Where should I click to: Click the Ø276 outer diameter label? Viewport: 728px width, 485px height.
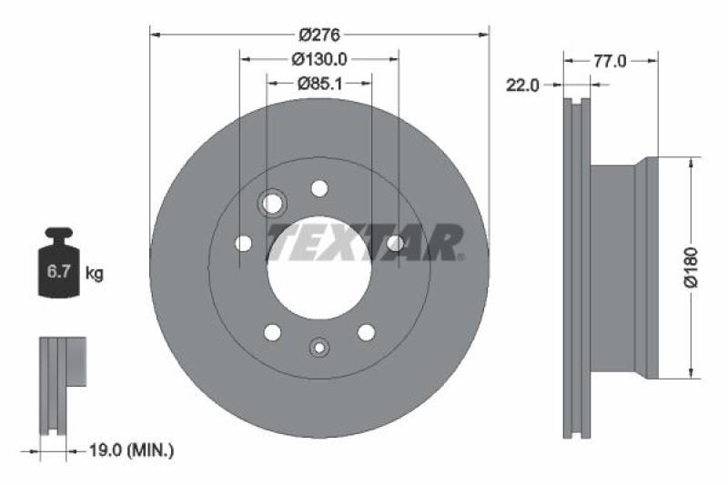coord(318,35)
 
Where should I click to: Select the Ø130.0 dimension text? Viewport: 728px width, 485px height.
coord(318,59)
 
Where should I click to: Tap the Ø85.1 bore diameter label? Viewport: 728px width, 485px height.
coord(318,83)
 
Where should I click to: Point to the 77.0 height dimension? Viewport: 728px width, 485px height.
coord(610,61)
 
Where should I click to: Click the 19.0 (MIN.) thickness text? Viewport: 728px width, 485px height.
coord(132,450)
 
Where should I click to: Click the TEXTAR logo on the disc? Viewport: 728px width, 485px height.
coord(365,242)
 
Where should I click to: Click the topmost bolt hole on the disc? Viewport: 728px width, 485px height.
coord(318,188)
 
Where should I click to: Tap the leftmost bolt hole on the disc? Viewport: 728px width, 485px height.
coord(243,243)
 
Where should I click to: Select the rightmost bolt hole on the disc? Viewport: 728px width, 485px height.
coord(395,243)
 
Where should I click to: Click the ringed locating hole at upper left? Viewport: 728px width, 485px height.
coord(272,202)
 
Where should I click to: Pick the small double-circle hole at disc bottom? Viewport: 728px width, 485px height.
coord(318,347)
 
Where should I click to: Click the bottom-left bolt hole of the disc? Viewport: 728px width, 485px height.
coord(272,333)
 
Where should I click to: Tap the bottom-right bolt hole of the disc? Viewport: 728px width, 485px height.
coord(366,333)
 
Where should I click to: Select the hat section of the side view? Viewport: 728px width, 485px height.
coord(623,267)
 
